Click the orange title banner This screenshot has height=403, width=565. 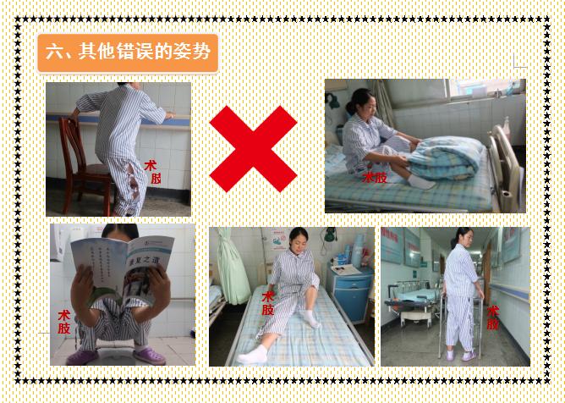(128, 53)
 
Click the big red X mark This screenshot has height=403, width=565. (253, 149)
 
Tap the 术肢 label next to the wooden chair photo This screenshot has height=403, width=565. (153, 173)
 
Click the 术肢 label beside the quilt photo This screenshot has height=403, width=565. (375, 177)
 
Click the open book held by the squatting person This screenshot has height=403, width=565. (123, 272)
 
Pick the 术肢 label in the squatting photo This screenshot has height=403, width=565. (64, 323)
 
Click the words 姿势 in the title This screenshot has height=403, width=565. (194, 53)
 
